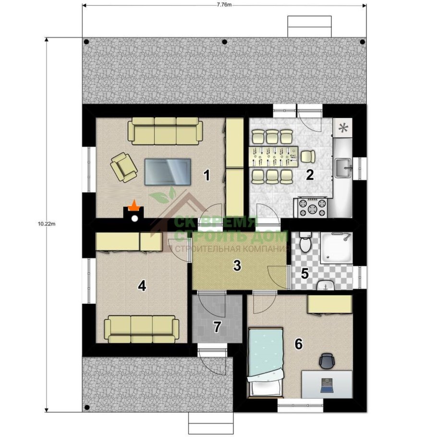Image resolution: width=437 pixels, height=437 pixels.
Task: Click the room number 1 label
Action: click(206, 176)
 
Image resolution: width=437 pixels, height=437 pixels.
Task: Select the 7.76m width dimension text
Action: click(224, 5)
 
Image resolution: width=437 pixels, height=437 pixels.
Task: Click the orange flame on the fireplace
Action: click(134, 206)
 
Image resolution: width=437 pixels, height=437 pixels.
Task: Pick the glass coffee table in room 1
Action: click(168, 172)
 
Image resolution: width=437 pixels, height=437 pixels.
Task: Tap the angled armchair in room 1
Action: click(124, 167)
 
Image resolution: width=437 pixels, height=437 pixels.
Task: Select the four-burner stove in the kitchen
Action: click(313, 207)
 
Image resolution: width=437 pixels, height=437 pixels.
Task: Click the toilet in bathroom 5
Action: click(305, 242)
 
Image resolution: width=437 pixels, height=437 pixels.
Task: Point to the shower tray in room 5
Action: click(336, 247)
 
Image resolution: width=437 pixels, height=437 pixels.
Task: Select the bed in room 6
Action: click(266, 362)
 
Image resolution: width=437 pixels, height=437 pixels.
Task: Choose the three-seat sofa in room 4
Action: click(142, 329)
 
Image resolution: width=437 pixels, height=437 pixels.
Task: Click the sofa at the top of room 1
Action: click(165, 131)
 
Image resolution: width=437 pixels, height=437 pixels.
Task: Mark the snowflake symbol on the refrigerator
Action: click(343, 128)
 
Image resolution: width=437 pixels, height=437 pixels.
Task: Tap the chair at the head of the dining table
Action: click(308, 157)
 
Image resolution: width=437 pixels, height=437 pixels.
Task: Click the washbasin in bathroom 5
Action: click(326, 285)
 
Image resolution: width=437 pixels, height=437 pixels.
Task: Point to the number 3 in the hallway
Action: click(237, 266)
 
